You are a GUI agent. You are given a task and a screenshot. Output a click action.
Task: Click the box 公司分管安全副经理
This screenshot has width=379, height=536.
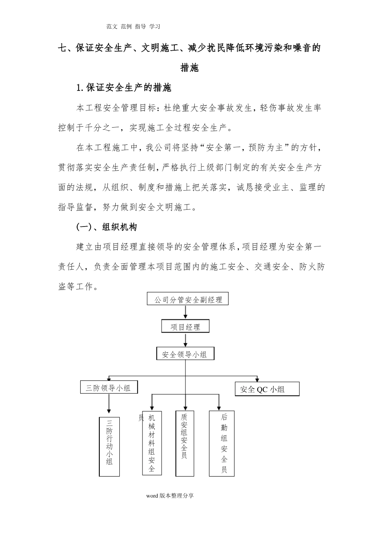tap(188, 299)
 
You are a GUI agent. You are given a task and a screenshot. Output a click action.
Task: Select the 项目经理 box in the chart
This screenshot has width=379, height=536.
tap(185, 327)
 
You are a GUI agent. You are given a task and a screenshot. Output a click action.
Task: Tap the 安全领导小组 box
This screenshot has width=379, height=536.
tap(185, 354)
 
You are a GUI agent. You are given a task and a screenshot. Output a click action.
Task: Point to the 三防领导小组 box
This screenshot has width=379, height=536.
tap(108, 387)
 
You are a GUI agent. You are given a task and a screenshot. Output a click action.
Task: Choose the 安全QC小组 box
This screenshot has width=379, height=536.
tap(267, 389)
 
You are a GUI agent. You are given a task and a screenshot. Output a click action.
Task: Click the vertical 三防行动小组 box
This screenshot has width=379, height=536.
tap(109, 446)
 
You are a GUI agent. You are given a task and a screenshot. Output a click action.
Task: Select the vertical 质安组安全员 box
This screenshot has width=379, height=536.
tap(184, 443)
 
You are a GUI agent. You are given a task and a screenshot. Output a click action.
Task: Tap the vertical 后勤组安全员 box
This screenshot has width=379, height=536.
tap(222, 444)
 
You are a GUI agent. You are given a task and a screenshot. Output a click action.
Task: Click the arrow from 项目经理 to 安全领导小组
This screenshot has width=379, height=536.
tap(185, 340)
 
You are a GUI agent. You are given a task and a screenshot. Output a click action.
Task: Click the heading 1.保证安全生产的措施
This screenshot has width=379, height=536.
tap(124, 88)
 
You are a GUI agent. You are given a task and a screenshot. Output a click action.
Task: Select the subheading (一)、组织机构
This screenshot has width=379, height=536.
tap(107, 227)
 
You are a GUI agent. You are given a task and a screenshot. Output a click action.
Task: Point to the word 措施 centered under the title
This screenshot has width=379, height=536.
tap(189, 68)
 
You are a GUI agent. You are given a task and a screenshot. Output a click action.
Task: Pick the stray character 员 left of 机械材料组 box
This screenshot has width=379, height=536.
tap(140, 418)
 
